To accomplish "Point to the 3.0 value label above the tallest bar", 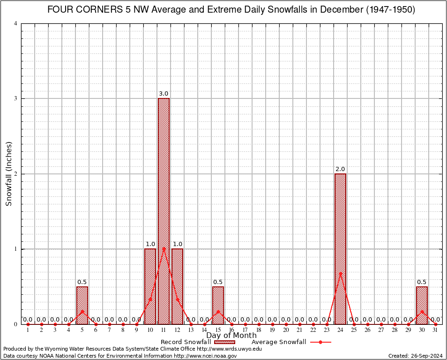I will point(164,94).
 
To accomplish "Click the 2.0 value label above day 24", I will point(340,169).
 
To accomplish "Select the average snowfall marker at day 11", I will point(164,248).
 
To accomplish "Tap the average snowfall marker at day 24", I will point(340,273).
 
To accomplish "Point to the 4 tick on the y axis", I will point(16,23).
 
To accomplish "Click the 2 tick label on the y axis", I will point(16,174).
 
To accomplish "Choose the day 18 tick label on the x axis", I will point(259,330).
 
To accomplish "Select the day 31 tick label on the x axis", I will point(435,330).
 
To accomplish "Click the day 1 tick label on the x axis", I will point(28,330).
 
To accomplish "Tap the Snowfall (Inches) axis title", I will point(9,174).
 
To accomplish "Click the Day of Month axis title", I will point(231,336).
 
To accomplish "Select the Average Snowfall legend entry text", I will point(279,342).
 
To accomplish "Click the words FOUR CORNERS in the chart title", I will point(78,10).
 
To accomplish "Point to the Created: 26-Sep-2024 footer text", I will point(416,356).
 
